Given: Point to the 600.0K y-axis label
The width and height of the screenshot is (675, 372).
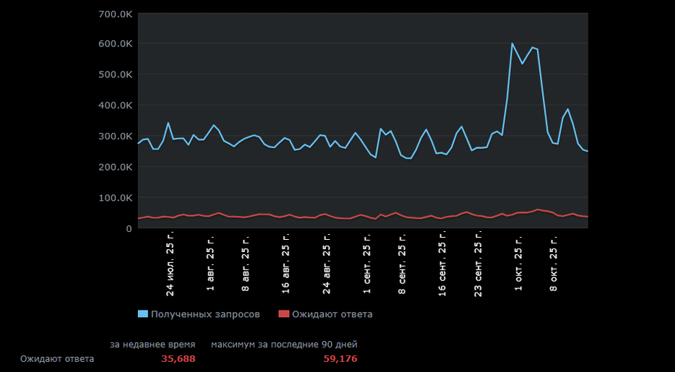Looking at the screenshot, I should [115, 44].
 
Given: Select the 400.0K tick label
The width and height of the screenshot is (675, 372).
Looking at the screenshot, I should [115, 105].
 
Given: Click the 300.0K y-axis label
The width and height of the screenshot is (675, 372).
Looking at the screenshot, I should [115, 137].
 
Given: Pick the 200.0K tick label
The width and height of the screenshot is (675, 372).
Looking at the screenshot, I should [115, 167].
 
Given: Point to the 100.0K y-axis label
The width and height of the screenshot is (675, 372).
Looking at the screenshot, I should [115, 198].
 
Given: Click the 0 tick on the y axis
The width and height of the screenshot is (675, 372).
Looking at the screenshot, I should [129, 229].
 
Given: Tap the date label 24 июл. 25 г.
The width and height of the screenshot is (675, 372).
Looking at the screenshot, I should [171, 264].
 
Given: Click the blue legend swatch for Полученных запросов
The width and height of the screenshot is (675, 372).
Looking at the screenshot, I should [142, 314].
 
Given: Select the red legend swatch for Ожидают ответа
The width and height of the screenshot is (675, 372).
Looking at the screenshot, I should [283, 314].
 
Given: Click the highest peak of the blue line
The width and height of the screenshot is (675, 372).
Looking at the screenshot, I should [512, 43].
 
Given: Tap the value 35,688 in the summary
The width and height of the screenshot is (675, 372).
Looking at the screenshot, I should [178, 359].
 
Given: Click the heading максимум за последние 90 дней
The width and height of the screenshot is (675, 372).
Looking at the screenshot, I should [284, 345].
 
